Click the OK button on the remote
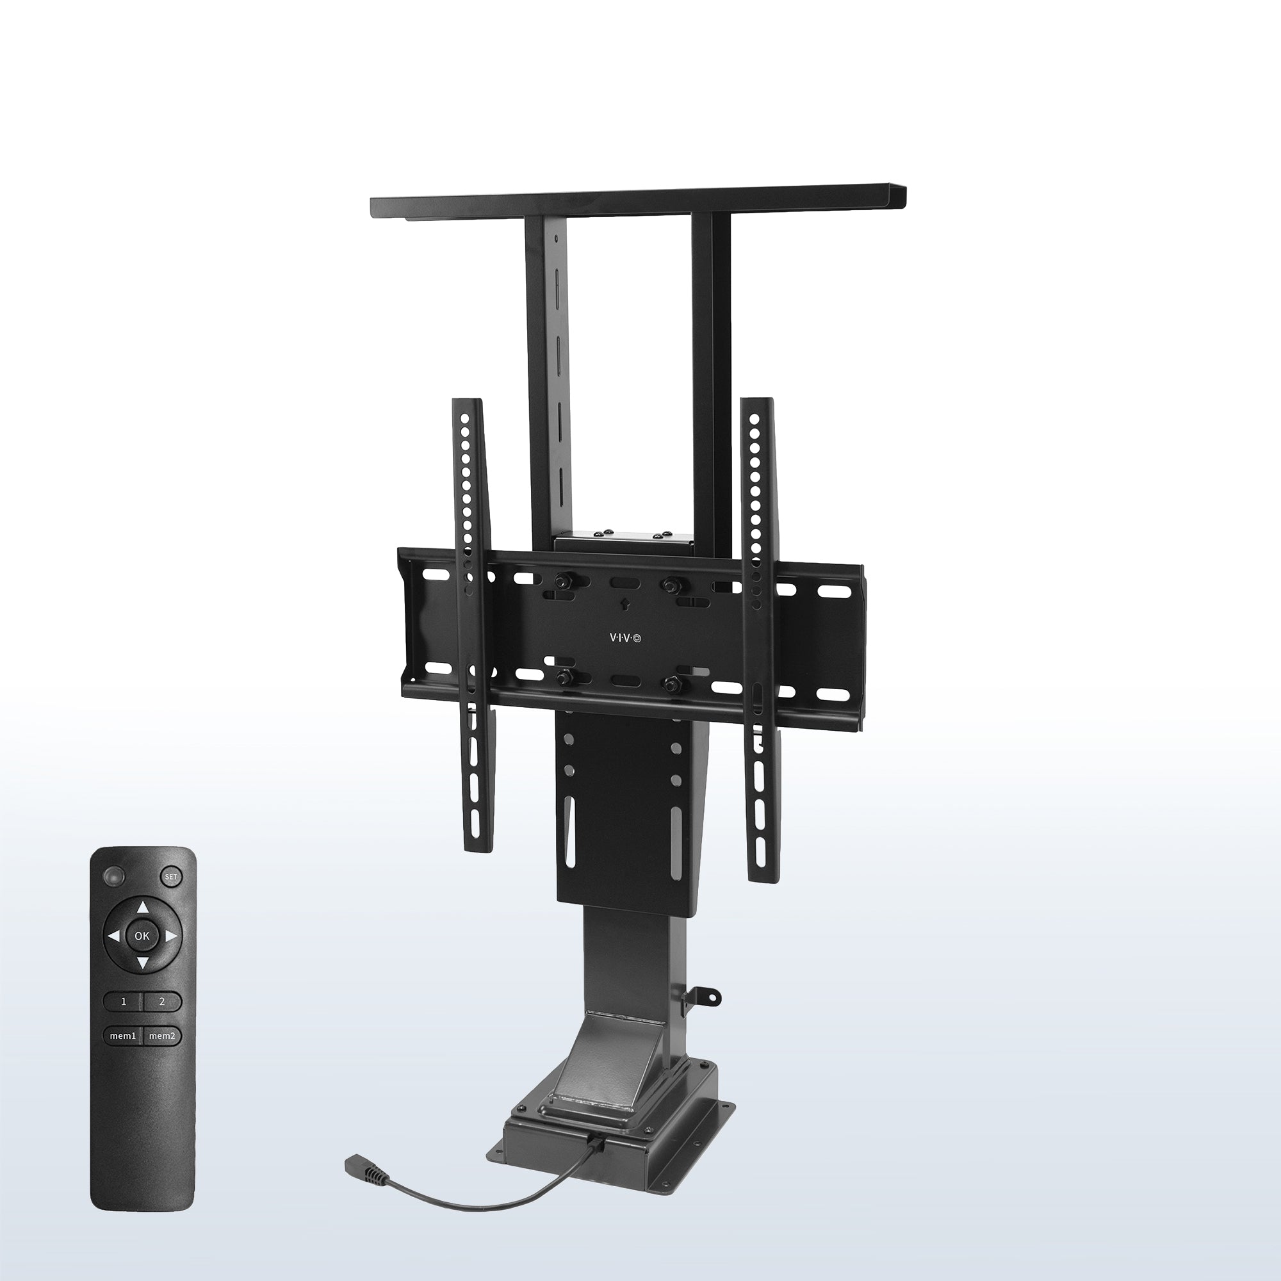tap(142, 936)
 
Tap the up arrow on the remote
tap(143, 908)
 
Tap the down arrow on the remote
tap(143, 963)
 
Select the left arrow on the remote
tap(114, 936)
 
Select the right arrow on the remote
tap(170, 936)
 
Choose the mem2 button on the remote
tap(161, 1036)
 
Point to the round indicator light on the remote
tap(113, 877)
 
